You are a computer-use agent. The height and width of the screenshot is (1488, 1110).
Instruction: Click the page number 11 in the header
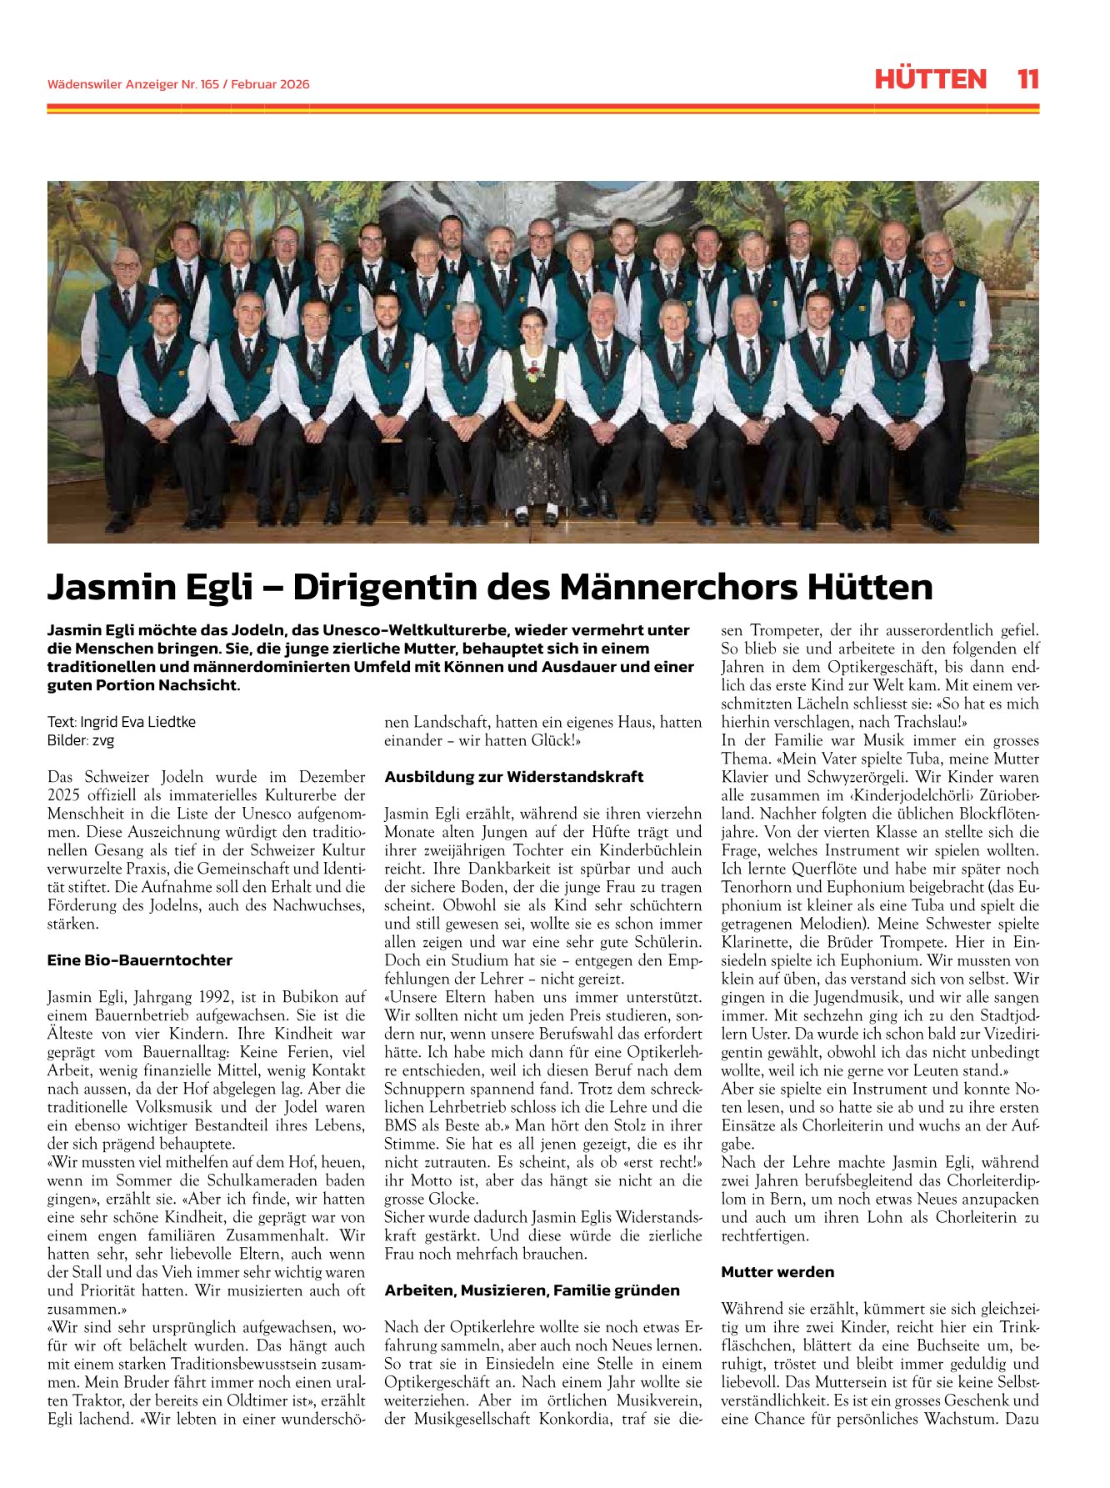pyautogui.click(x=1027, y=79)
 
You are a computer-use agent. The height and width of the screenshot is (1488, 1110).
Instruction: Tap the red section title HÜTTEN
pyautogui.click(x=930, y=79)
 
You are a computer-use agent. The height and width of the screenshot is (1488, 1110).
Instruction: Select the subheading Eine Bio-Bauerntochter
pyautogui.click(x=139, y=960)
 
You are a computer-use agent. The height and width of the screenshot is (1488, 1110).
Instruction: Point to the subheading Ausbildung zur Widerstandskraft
pyautogui.click(x=513, y=777)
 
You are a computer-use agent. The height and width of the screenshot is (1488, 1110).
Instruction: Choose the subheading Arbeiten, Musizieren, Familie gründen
pyautogui.click(x=532, y=1290)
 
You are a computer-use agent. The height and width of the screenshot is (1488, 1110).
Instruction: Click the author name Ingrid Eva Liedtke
pyautogui.click(x=137, y=722)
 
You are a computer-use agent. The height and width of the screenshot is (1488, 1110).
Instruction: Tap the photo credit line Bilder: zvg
pyautogui.click(x=81, y=740)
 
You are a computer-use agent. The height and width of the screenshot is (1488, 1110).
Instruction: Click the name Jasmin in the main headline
pyautogui.click(x=100, y=587)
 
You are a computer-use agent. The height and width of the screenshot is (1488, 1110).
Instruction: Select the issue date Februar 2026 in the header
pyautogui.click(x=270, y=84)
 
